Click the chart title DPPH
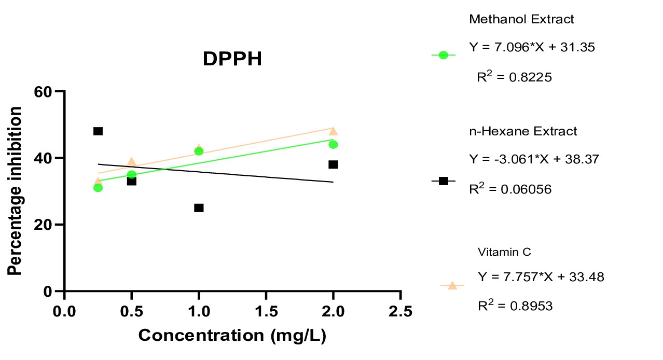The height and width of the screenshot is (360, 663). (x=232, y=60)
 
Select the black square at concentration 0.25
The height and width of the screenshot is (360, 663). (x=98, y=131)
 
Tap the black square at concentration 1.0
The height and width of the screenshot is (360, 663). (x=199, y=207)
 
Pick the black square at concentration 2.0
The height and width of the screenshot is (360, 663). (x=333, y=164)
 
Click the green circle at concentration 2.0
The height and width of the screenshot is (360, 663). (x=333, y=144)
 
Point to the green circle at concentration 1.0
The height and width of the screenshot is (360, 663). (x=199, y=151)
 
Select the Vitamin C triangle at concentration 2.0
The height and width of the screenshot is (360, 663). (x=333, y=131)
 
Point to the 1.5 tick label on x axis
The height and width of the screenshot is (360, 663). (x=266, y=311)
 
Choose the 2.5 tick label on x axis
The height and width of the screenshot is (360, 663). (x=400, y=311)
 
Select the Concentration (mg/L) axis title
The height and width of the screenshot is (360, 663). (x=232, y=336)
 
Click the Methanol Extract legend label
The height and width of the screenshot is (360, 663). (x=521, y=20)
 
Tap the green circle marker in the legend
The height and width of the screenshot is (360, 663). (x=443, y=55)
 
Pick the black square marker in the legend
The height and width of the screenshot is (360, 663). (x=443, y=181)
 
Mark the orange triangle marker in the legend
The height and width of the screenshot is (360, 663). (x=452, y=285)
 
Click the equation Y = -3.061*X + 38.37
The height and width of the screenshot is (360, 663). (x=534, y=159)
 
